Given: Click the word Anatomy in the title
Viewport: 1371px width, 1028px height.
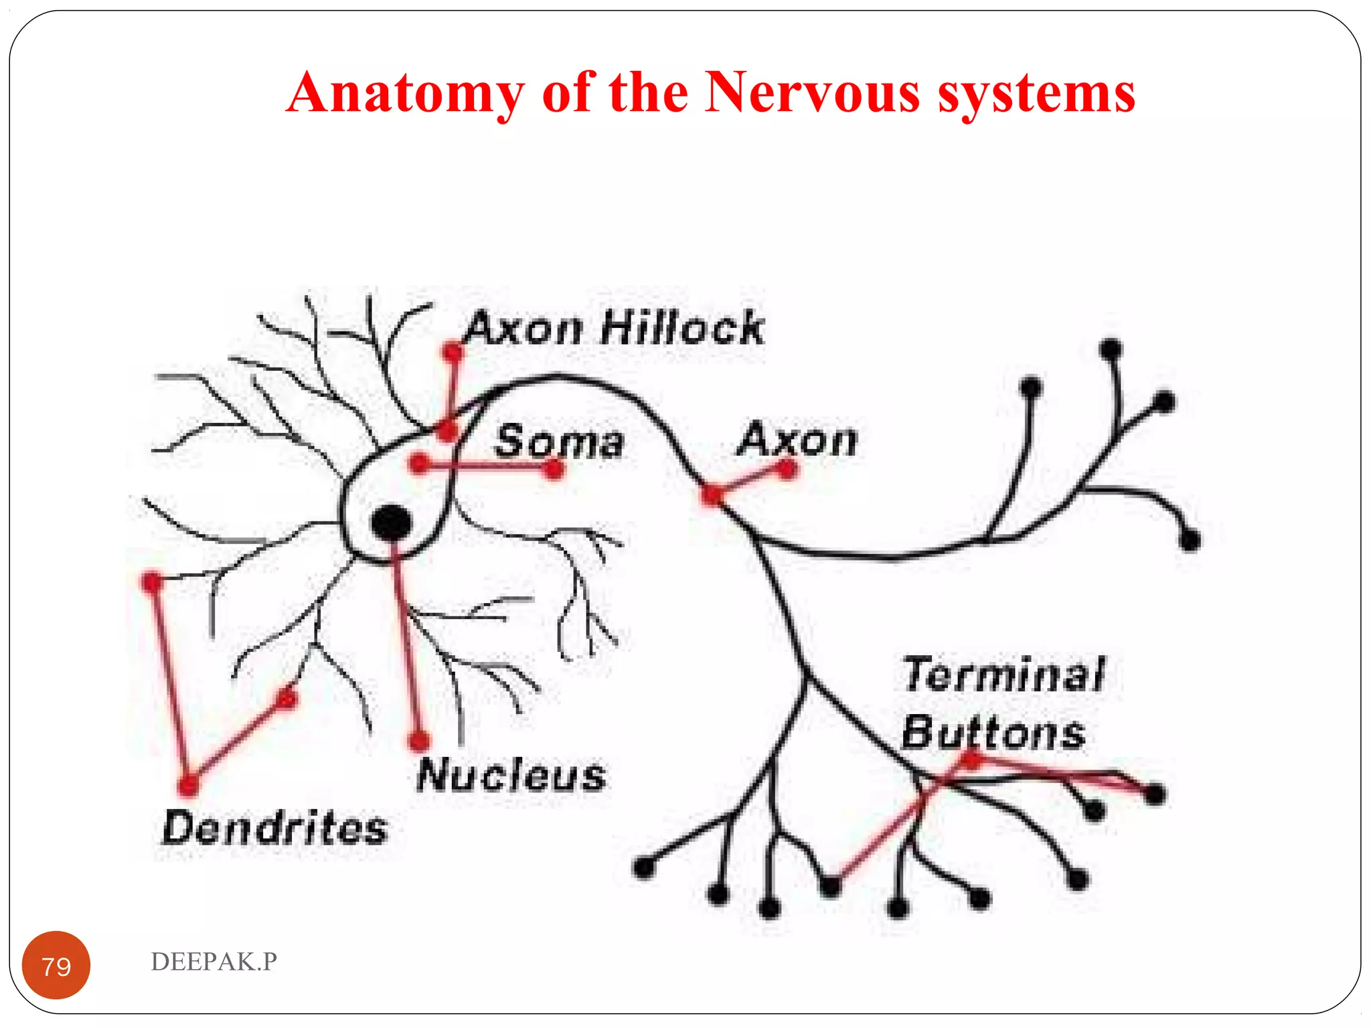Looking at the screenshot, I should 406,94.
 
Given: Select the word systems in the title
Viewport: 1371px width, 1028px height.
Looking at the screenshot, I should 1036,94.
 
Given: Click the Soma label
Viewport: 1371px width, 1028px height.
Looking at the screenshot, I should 559,442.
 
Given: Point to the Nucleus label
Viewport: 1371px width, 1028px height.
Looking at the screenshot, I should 511,776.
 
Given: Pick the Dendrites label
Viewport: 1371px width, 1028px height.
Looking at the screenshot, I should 274,828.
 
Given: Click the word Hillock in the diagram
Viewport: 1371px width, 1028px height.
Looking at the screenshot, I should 682,328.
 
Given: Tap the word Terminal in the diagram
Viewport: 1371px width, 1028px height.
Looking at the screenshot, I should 1003,674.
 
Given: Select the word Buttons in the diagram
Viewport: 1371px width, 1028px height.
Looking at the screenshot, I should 993,732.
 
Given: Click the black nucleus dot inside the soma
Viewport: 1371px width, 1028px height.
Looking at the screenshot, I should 391,523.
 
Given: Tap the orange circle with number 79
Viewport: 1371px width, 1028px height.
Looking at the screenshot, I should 56,965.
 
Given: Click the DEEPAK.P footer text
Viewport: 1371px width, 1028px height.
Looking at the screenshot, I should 214,962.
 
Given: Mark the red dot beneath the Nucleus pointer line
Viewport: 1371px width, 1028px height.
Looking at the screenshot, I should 419,741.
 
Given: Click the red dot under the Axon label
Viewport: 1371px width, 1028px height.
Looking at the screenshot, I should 787,469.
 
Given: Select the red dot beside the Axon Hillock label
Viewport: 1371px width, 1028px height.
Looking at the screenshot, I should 453,351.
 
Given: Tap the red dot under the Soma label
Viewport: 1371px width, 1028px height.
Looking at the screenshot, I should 554,470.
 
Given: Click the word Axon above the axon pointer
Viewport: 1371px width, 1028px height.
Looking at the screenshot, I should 797,440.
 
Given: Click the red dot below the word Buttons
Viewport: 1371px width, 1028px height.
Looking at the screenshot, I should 971,759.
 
